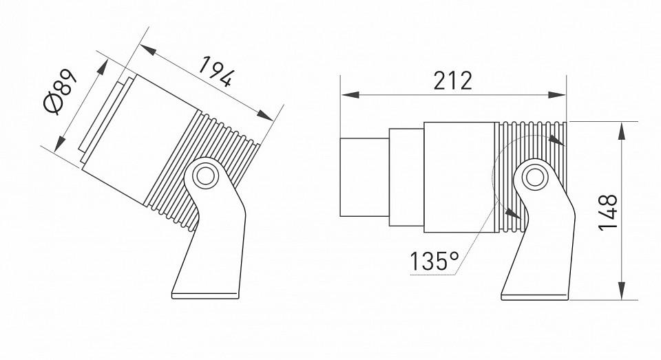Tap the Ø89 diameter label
point(61,92)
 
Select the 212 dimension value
point(453,81)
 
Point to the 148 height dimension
point(608,212)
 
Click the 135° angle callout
point(434,261)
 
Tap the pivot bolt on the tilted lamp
point(205,176)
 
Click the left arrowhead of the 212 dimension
point(350,95)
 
